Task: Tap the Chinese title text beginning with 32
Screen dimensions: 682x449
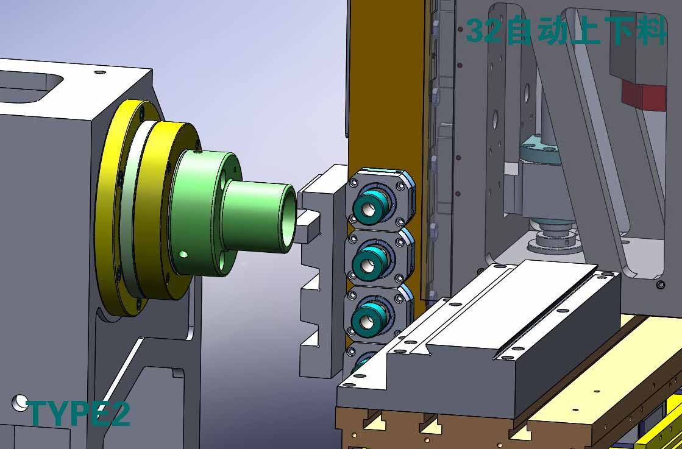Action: pyautogui.click(x=566, y=30)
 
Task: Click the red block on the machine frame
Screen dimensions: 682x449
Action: pyautogui.click(x=644, y=96)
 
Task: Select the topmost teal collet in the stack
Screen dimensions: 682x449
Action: pyautogui.click(x=370, y=207)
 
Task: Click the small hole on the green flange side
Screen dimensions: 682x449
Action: pyautogui.click(x=183, y=253)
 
